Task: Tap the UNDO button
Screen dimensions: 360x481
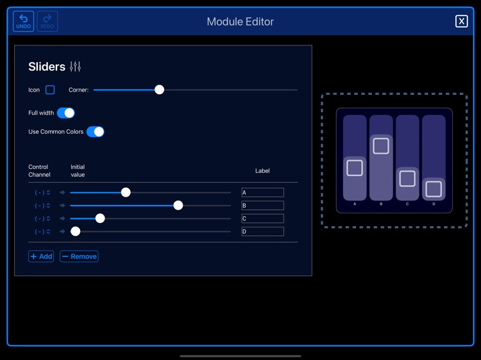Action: coord(24,21)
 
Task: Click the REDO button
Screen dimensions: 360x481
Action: coord(47,21)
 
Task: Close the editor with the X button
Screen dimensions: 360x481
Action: coord(461,21)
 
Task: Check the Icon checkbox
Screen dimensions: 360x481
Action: coord(50,90)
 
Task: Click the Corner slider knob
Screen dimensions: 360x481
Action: coord(159,90)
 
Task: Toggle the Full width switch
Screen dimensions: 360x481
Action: coord(65,113)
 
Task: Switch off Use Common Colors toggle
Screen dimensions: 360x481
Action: coord(95,131)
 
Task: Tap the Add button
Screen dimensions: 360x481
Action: coord(41,256)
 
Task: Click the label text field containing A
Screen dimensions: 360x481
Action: coord(262,192)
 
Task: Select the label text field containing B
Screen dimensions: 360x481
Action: coord(262,206)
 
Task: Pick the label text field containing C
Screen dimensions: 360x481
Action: coord(262,218)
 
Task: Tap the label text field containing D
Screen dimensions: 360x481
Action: coord(262,231)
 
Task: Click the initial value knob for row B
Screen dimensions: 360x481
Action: coord(178,206)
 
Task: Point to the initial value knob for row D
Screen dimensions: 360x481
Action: coord(76,231)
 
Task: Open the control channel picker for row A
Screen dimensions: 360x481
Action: coord(42,192)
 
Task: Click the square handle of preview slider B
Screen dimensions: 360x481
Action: coord(381,146)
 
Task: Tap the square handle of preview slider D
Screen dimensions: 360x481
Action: coord(434,189)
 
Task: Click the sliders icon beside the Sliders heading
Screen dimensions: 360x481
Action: coord(75,67)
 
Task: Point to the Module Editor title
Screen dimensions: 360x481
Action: coord(240,21)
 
